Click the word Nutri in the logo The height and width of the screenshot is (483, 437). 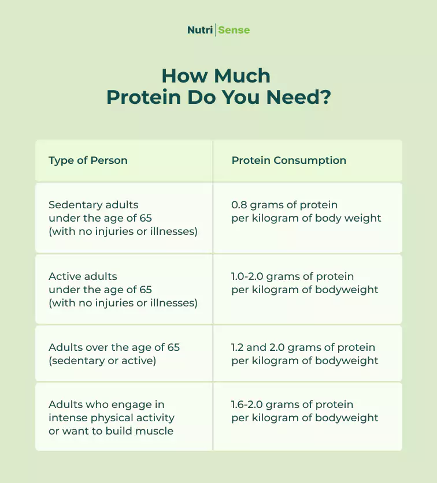pos(200,30)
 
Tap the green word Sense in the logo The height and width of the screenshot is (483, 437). pos(234,30)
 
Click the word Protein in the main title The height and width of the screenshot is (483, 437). pos(144,98)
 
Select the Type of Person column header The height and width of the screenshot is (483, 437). pos(88,160)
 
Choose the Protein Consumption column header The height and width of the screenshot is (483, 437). pos(289,160)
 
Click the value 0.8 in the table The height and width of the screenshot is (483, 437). pos(239,205)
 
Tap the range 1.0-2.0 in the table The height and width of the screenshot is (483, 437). pos(247,276)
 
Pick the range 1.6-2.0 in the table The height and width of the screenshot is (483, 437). pos(247,405)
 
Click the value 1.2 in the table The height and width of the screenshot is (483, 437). pos(237,347)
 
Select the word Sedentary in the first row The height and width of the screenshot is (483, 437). pos(71,205)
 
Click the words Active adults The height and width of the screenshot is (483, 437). pos(83,276)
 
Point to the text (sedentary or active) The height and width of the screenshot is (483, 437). pos(102,361)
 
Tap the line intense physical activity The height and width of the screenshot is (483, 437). pos(112,418)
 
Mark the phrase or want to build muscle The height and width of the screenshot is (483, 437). pos(111,431)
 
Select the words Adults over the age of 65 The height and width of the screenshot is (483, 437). pos(114,347)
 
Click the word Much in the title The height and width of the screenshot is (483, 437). pos(242,76)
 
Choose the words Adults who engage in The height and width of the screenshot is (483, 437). pos(106,405)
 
